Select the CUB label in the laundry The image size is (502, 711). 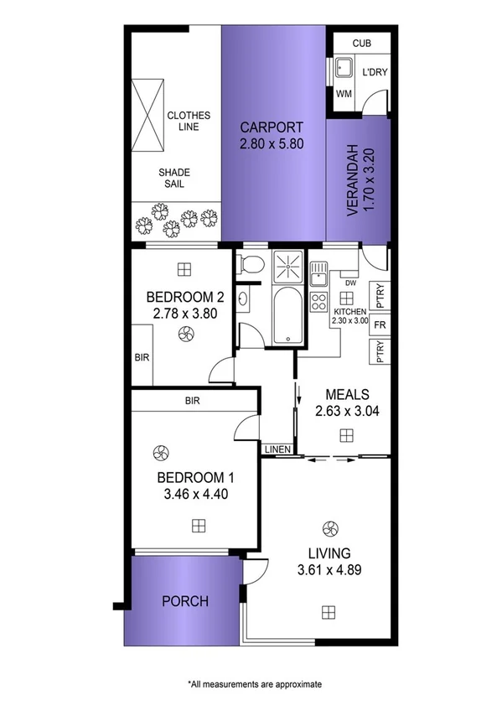(361, 43)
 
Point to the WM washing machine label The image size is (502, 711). (344, 94)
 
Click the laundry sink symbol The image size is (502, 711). (344, 70)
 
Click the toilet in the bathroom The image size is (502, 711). (251, 266)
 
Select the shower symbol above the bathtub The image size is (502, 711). (287, 267)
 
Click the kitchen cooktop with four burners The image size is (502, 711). (318, 301)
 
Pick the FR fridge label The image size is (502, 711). (380, 324)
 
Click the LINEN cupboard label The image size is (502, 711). (277, 450)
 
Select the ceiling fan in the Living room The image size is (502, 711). (329, 529)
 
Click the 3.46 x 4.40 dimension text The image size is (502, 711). (196, 494)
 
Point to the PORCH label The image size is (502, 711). (184, 601)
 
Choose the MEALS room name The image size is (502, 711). (346, 394)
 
